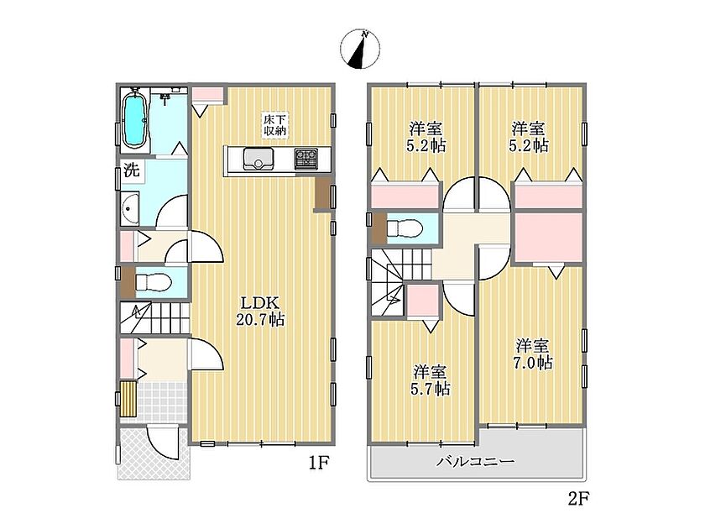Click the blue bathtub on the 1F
(x=135, y=119)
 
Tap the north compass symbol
(x=360, y=50)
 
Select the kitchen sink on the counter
(x=258, y=159)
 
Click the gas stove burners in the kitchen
(x=306, y=159)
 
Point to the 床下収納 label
(x=274, y=125)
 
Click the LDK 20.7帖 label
(x=260, y=311)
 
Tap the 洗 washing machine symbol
(x=132, y=171)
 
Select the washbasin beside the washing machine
(x=130, y=208)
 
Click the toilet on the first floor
(x=154, y=283)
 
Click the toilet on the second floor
(x=405, y=228)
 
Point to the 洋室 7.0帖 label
(x=533, y=354)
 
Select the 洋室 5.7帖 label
(x=431, y=380)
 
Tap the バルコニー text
(x=476, y=462)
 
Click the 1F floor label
(x=319, y=463)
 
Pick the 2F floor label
(x=578, y=499)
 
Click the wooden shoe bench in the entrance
(x=128, y=399)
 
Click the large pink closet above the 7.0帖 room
(x=549, y=237)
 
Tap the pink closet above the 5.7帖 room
(x=423, y=300)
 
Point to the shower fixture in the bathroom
(x=166, y=96)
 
